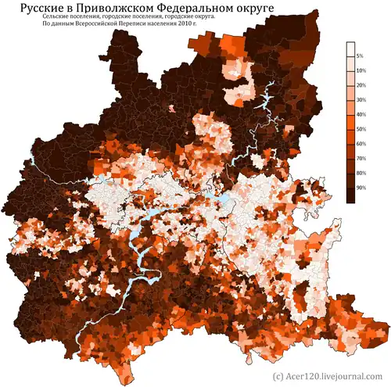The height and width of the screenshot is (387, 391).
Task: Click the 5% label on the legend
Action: [x=360, y=57]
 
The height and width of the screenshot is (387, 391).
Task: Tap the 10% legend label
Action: [x=361, y=71]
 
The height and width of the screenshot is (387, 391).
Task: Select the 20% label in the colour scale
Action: [x=361, y=85]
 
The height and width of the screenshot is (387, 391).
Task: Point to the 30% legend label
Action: [x=361, y=100]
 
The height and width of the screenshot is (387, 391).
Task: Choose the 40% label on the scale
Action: [x=361, y=114]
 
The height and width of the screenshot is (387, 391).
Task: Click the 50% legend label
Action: [x=361, y=129]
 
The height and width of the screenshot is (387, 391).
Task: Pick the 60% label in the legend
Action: [x=361, y=143]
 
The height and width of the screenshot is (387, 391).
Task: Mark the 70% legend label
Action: [x=361, y=158]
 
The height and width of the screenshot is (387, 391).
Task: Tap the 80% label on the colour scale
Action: [x=361, y=172]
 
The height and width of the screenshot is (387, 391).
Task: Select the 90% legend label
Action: [x=361, y=187]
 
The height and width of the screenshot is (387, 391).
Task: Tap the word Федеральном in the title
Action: [x=204, y=10]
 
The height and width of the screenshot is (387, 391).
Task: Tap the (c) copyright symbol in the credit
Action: [x=277, y=376]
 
